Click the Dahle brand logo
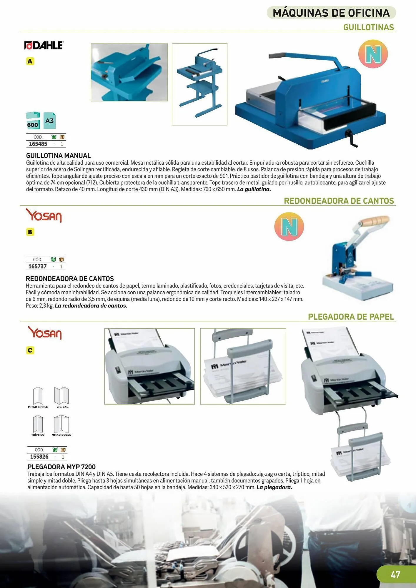(x=44, y=45)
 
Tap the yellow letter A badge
(x=30, y=61)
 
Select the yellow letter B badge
(x=30, y=232)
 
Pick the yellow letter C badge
(x=30, y=350)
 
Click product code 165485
(x=38, y=144)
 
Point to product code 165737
(x=37, y=266)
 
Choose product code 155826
(x=39, y=457)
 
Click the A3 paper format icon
(x=49, y=121)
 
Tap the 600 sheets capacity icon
(x=33, y=121)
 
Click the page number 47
(x=395, y=574)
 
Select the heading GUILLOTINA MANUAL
(x=58, y=156)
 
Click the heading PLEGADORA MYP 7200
(x=61, y=467)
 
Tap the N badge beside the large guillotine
(x=373, y=54)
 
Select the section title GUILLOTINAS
(x=369, y=27)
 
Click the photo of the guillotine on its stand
(x=199, y=84)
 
